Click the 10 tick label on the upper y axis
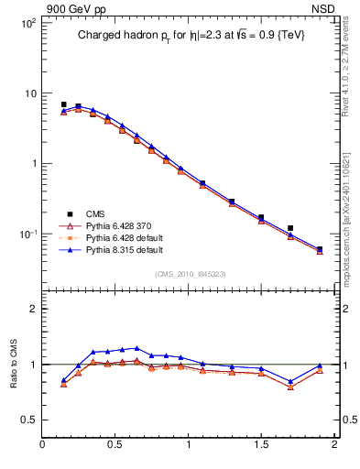(x=28, y=93)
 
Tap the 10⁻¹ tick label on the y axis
(x=26, y=234)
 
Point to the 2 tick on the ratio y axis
(x=32, y=309)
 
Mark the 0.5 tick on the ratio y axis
(x=28, y=420)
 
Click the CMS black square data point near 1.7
(x=290, y=228)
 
